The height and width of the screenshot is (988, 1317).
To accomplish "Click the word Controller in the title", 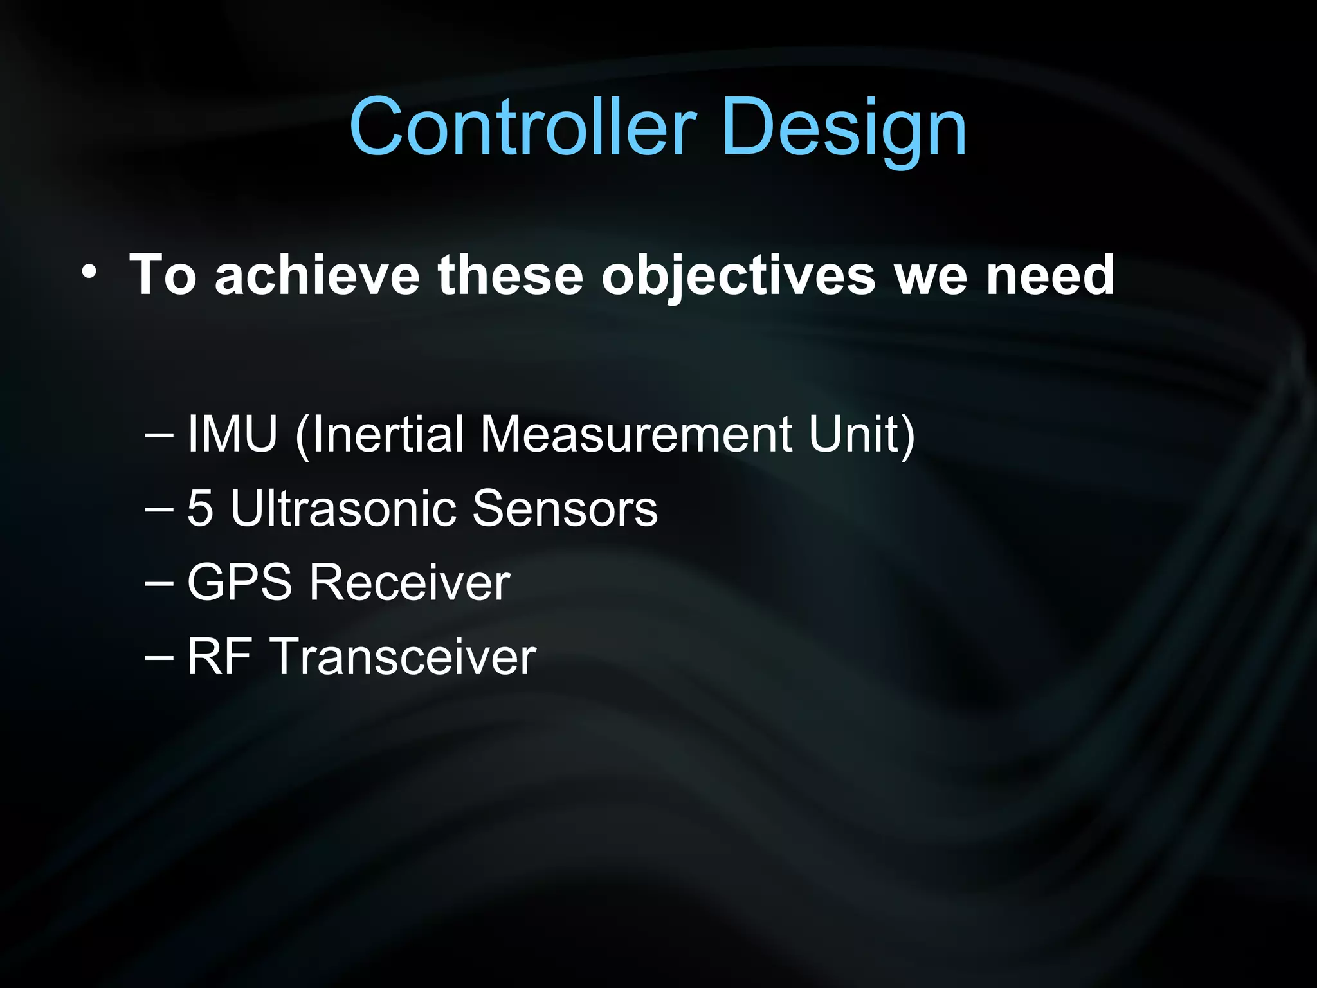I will (x=522, y=127).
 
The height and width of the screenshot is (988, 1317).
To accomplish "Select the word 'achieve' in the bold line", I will (x=317, y=275).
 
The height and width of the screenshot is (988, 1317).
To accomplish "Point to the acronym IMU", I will (x=232, y=434).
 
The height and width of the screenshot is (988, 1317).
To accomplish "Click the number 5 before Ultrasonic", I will (x=199, y=508).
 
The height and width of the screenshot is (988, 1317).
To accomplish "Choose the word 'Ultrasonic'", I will (x=344, y=508).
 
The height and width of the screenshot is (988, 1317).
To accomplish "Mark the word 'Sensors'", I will (x=565, y=508).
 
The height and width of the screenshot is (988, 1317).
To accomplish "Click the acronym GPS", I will (x=239, y=582).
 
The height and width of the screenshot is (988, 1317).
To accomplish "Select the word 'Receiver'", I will (x=410, y=582).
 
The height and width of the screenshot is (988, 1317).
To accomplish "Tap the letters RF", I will (x=219, y=657).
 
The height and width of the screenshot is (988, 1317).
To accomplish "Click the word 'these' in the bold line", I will (x=510, y=275).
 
